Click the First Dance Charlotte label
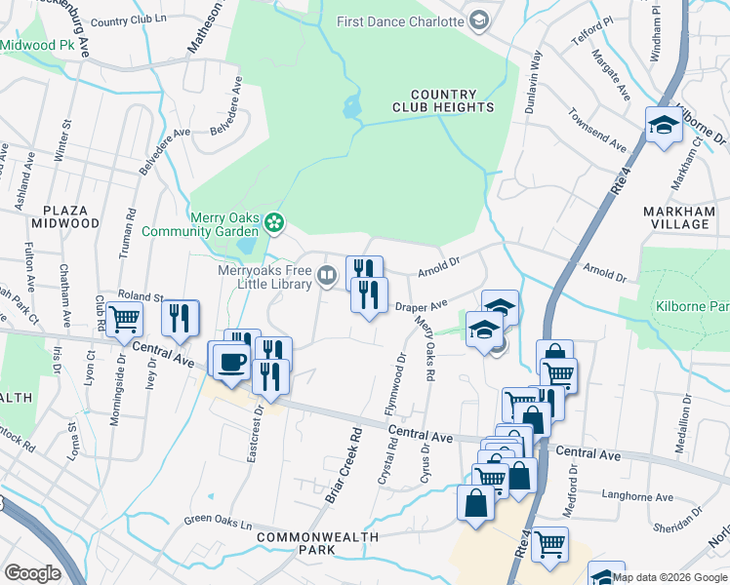[x=401, y=21]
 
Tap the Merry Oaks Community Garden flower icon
[x=274, y=223]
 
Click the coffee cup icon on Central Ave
[x=231, y=361]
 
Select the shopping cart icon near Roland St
[x=124, y=319]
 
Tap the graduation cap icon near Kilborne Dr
[x=663, y=126]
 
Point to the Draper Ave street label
[x=421, y=307]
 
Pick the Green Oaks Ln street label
[x=224, y=519]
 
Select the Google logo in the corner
[x=32, y=572]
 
